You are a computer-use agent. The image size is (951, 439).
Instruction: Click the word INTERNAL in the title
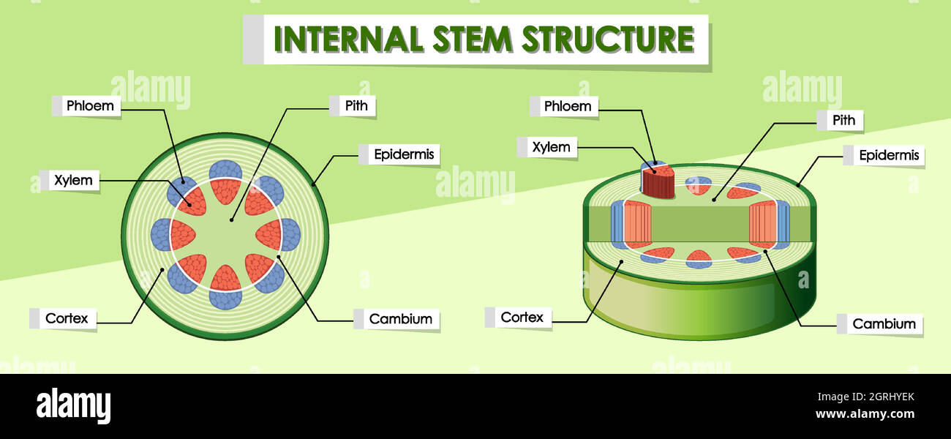pyautogui.click(x=348, y=39)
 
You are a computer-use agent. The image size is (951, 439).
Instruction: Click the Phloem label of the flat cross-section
pyautogui.click(x=90, y=105)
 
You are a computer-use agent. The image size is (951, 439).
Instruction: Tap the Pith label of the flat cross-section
pyautogui.click(x=356, y=105)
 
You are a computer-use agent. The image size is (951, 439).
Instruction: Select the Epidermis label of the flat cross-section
pyautogui.click(x=404, y=154)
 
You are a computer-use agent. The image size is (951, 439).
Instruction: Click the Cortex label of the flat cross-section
pyautogui.click(x=67, y=318)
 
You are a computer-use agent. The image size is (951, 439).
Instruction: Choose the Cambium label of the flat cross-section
pyautogui.click(x=400, y=319)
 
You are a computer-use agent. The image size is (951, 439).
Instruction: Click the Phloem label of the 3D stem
pyautogui.click(x=567, y=106)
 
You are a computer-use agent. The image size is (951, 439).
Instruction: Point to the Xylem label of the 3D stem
pyautogui.click(x=551, y=147)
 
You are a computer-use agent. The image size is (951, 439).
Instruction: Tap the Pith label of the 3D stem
pyautogui.click(x=843, y=120)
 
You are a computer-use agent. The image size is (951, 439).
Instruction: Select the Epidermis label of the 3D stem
pyautogui.click(x=889, y=155)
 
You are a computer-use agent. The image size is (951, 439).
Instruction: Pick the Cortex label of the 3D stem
pyautogui.click(x=522, y=318)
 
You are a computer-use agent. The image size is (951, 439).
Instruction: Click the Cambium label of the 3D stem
pyautogui.click(x=884, y=323)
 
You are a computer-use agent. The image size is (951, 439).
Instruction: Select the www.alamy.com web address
pyautogui.click(x=865, y=415)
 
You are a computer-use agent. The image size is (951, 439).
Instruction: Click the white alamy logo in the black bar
pyautogui.click(x=73, y=406)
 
